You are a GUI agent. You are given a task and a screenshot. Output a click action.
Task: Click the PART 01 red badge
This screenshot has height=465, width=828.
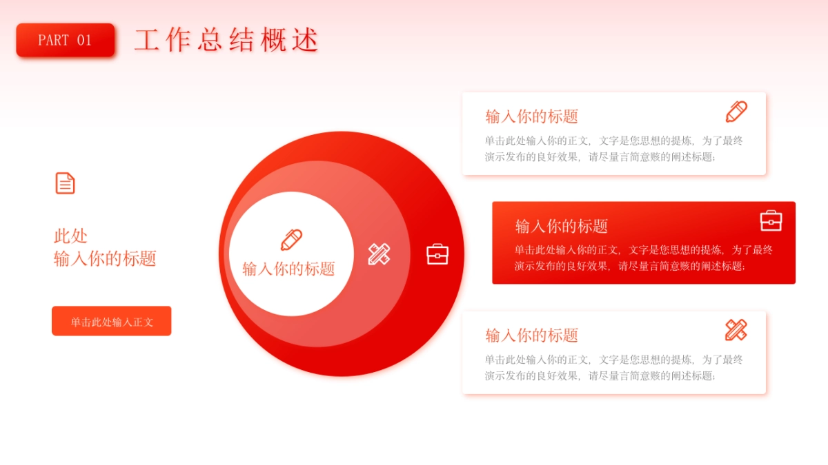[x=66, y=40]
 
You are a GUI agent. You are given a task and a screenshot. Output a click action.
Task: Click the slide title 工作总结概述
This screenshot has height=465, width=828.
[x=226, y=40]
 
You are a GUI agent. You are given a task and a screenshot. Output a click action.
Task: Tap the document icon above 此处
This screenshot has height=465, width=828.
[x=65, y=183]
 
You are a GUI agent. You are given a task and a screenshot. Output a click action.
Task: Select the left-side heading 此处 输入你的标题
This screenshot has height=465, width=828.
[x=105, y=247]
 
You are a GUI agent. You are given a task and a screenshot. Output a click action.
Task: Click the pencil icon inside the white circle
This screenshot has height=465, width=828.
[x=291, y=240]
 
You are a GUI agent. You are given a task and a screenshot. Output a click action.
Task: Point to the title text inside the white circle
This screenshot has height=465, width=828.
[x=288, y=269]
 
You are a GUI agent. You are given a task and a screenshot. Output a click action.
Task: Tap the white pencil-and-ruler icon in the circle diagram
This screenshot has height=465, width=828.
[x=379, y=254]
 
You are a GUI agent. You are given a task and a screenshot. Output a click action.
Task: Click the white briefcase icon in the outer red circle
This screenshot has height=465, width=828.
[x=437, y=254]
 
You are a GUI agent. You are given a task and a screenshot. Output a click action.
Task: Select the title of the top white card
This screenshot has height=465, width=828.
[x=531, y=116]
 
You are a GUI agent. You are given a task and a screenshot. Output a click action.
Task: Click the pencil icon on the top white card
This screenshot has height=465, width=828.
[x=736, y=112]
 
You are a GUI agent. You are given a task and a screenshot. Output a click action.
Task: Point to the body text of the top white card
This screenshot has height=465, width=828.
[x=613, y=149]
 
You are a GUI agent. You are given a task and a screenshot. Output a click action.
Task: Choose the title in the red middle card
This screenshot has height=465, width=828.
[x=561, y=226]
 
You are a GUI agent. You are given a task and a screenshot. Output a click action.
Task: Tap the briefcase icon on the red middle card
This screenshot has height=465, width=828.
[x=771, y=220]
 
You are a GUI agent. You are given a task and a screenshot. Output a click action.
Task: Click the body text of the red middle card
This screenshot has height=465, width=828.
[x=643, y=258]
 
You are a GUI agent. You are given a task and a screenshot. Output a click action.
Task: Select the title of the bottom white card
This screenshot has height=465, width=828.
[x=531, y=335]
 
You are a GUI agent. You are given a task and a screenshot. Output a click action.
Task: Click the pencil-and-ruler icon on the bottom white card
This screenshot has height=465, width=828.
[x=736, y=330]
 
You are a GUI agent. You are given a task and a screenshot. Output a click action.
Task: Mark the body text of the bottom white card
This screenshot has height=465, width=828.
[x=613, y=368]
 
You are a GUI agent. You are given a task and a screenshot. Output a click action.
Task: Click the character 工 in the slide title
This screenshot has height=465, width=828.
[x=147, y=40]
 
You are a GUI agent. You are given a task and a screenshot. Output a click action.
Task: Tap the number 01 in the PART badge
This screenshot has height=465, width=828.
[x=83, y=40]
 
